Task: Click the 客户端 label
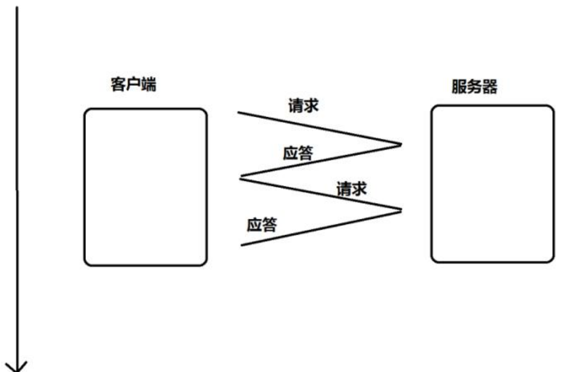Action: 134,85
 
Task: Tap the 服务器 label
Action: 475,87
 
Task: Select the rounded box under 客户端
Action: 145,187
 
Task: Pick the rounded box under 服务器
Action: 492,184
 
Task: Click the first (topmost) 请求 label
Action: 303,106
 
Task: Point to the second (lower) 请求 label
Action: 352,189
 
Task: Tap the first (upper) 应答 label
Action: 298,153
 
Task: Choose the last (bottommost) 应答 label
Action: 261,224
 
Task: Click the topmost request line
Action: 319,128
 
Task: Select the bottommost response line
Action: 321,227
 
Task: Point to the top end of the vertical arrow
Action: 17,7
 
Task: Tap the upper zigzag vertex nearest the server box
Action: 401,144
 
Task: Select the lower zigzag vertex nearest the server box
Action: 401,210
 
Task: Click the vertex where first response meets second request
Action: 240,177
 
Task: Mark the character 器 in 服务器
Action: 490,87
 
